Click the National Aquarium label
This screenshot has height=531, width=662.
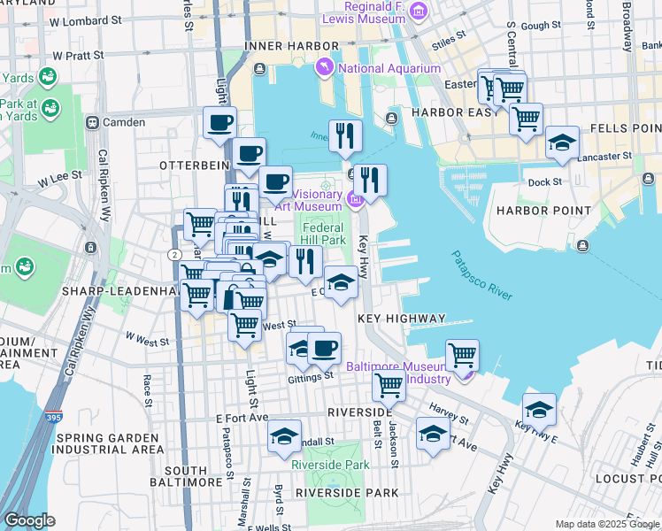pos(389,68)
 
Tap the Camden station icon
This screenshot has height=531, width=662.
pos(90,122)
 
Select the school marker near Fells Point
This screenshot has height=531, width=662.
pos(562,142)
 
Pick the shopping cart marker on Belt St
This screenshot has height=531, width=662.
pos(388,385)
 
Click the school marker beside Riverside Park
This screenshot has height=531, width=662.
pos(284,436)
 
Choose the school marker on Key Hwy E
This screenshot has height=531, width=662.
pos(539,409)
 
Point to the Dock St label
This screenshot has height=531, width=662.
pos(544,182)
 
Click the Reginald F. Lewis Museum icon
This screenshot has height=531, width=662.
pos(420,11)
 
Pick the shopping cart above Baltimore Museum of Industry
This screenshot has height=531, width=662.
pos(462,355)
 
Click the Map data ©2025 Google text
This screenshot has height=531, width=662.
pos(607,524)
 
